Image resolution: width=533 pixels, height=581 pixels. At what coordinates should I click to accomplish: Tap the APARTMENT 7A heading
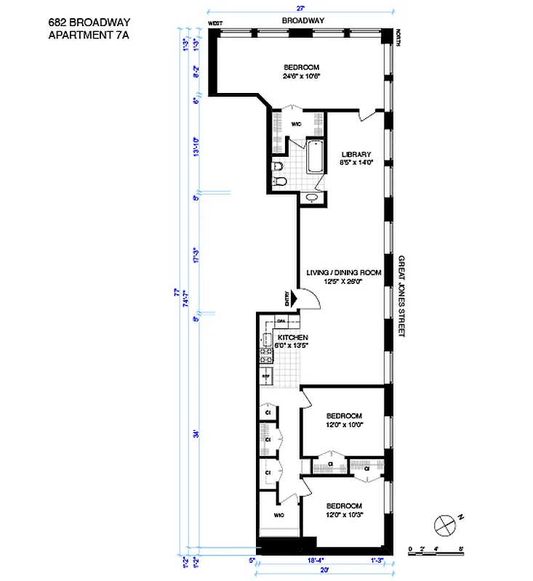[90, 34]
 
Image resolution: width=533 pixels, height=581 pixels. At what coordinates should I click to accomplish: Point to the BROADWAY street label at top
[302, 21]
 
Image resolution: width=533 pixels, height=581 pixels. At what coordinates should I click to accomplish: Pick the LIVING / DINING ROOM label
[344, 272]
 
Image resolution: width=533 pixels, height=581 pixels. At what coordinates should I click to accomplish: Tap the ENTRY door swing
[308, 298]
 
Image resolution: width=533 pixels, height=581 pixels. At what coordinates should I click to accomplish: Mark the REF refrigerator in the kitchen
[266, 375]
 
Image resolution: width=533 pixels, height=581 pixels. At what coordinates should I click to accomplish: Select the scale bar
[436, 550]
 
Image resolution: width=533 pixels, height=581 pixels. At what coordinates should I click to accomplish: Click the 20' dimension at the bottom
[321, 569]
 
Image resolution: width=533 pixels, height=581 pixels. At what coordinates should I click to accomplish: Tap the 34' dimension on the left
[196, 434]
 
